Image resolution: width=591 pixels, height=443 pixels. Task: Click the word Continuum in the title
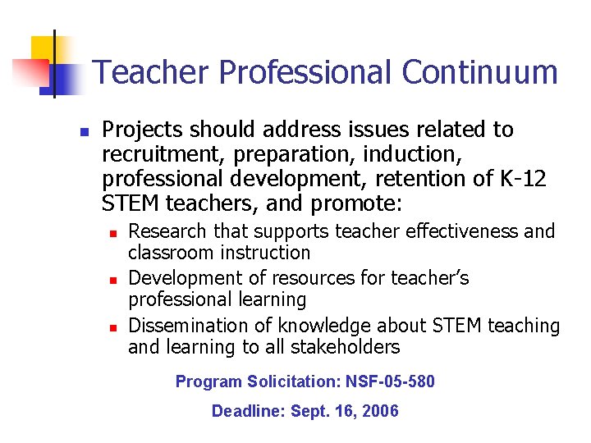tap(479, 72)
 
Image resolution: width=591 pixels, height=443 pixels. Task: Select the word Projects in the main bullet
tap(142, 130)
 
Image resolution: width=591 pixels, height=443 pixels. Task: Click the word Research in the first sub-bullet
tap(167, 231)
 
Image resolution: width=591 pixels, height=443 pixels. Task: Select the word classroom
tap(168, 253)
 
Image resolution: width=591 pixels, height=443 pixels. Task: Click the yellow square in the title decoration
tap(44, 49)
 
